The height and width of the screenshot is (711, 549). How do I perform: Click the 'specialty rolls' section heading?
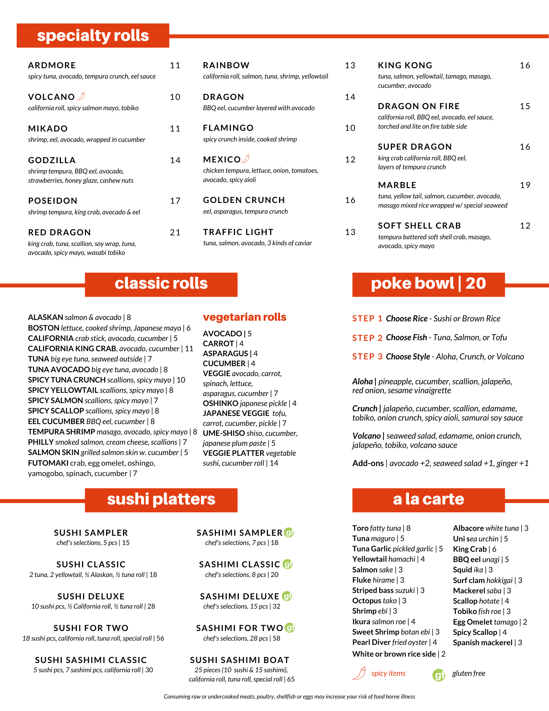[93, 36]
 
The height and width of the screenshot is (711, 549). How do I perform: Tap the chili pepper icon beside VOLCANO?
[81, 96]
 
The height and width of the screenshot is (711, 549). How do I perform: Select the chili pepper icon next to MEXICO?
[246, 159]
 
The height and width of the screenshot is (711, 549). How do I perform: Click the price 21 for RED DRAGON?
[175, 232]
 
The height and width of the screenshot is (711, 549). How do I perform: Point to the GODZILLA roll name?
[52, 160]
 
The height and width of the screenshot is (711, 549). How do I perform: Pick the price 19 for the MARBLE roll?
[525, 185]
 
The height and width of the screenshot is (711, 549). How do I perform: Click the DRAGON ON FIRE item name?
[419, 106]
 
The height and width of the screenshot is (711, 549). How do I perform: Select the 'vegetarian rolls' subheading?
[244, 317]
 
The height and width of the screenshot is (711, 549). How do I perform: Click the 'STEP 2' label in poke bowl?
[367, 338]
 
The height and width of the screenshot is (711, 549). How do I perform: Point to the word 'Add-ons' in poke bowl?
[368, 463]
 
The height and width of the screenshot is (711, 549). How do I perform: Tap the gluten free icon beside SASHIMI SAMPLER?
[289, 533]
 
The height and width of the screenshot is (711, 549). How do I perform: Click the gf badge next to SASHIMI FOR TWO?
[290, 628]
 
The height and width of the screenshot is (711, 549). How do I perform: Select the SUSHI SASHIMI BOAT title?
[239, 660]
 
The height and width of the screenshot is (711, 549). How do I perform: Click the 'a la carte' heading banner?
[428, 500]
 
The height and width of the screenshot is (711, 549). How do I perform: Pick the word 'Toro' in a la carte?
[360, 528]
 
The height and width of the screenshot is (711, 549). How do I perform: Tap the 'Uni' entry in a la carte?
[459, 539]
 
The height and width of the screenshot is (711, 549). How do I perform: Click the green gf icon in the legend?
[439, 675]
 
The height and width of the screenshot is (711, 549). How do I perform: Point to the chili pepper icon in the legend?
[360, 673]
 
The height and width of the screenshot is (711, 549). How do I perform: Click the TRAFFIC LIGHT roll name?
[238, 232]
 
